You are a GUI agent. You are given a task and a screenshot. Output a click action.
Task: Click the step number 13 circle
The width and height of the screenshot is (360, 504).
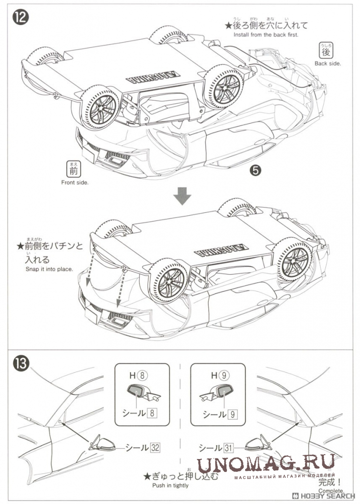(21, 364)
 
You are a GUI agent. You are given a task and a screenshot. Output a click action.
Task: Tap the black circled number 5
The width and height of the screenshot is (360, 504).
(255, 170)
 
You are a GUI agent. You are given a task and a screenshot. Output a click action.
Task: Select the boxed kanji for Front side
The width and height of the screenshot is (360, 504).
(73, 170)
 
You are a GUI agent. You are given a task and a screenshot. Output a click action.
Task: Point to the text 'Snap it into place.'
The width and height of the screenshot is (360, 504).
(49, 269)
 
